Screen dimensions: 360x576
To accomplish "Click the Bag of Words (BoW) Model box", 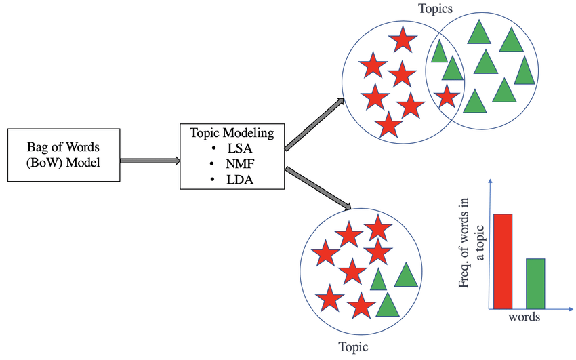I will [64, 155].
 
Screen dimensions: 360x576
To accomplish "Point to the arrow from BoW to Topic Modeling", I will [150, 161].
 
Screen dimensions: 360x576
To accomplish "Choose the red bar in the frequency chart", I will [503, 260].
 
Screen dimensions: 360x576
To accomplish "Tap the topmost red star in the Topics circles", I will [403, 40].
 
